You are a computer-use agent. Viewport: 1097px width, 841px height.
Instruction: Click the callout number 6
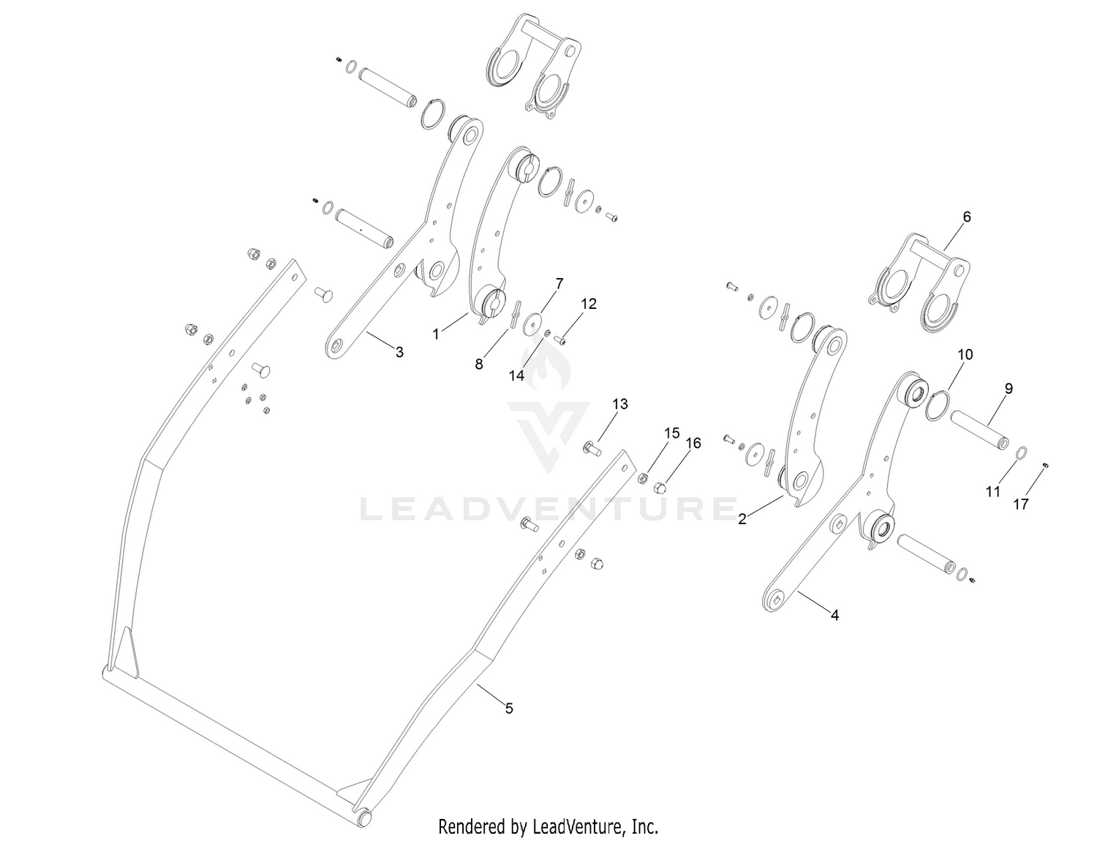pyautogui.click(x=966, y=217)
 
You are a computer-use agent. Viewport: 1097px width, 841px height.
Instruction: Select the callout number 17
pyautogui.click(x=1021, y=504)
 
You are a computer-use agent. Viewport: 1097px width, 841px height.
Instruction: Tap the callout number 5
pyautogui.click(x=510, y=709)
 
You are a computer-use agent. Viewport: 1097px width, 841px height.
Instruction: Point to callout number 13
pyautogui.click(x=620, y=404)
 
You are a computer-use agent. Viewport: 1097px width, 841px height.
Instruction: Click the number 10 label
pyautogui.click(x=965, y=354)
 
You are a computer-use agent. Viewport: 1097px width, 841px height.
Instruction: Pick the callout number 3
pyautogui.click(x=399, y=352)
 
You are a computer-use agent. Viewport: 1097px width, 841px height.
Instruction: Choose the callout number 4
pyautogui.click(x=834, y=616)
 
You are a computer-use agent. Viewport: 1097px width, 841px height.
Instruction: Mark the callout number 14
pyautogui.click(x=516, y=375)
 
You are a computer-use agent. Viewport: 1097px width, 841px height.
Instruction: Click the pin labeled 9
pyautogui.click(x=979, y=433)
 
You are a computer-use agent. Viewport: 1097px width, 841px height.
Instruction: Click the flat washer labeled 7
pyautogui.click(x=530, y=324)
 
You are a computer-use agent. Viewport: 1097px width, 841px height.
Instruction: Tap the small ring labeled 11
pyautogui.click(x=1021, y=452)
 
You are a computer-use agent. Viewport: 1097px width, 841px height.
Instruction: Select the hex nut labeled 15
pyautogui.click(x=643, y=478)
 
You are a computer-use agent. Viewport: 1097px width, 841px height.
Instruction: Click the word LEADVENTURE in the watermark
pyautogui.click(x=548, y=509)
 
